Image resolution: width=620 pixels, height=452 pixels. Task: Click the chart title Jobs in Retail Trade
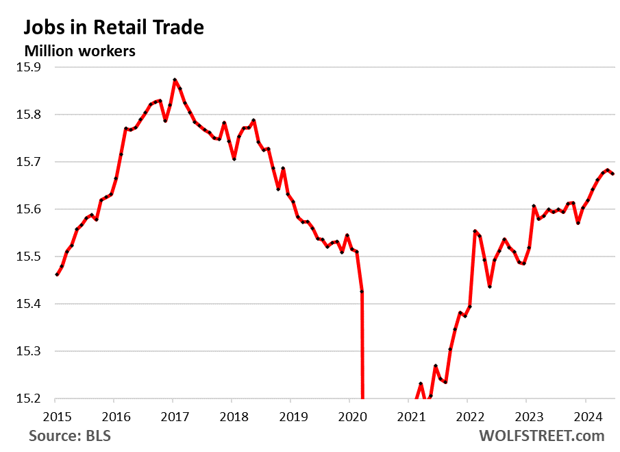114,27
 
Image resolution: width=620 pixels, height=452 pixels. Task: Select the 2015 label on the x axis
55,415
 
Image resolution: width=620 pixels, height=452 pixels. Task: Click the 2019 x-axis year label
290,415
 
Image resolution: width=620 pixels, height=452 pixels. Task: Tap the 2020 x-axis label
349,415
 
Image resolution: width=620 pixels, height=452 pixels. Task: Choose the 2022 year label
467,415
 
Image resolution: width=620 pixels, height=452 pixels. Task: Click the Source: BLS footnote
69,436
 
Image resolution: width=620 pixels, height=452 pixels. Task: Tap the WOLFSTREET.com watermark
542,436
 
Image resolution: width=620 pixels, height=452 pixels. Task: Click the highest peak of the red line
175,80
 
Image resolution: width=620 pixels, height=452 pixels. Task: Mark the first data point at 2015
57,274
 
